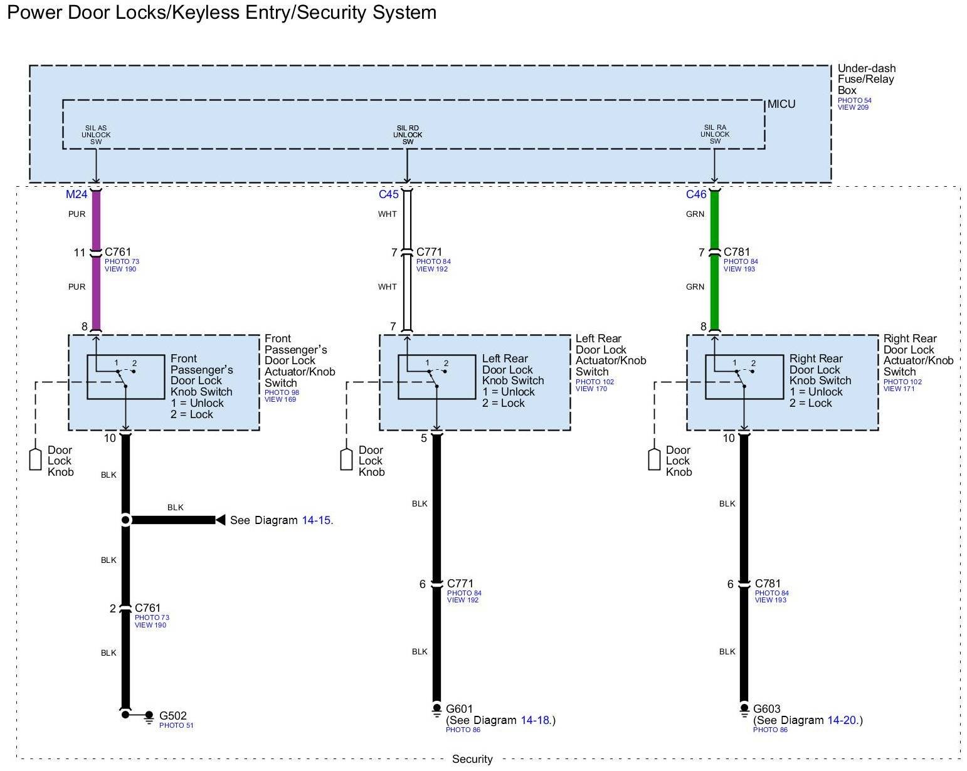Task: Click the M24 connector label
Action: point(77,194)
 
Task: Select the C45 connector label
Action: point(389,194)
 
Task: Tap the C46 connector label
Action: point(696,194)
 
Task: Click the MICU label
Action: point(781,104)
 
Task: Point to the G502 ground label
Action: point(173,716)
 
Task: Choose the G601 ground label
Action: point(460,709)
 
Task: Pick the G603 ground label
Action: point(767,709)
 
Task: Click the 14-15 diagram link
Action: point(316,520)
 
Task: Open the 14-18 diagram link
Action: point(535,720)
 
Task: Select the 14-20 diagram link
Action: point(842,720)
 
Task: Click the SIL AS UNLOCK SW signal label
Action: point(96,135)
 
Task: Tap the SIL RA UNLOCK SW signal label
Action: point(715,135)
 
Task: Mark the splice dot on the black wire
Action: point(125,520)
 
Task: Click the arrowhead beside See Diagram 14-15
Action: point(220,520)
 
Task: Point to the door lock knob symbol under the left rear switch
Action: point(346,459)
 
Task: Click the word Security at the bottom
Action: point(472,759)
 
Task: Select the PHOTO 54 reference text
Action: point(855,100)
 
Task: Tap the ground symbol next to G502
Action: point(149,716)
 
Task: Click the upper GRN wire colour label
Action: point(695,214)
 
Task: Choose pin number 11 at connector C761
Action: point(79,253)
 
